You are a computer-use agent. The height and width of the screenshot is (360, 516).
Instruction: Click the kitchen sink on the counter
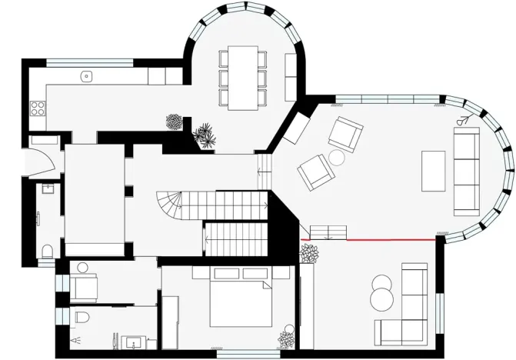click(87, 76)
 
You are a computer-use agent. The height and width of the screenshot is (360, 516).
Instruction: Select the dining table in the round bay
click(245, 78)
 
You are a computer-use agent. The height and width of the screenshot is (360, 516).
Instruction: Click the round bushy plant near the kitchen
click(175, 122)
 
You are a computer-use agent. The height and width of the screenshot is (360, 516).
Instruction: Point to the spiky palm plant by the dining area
click(205, 135)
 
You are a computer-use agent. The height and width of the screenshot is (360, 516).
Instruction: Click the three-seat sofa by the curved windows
click(466, 171)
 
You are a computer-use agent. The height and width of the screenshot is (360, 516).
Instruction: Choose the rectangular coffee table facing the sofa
click(434, 171)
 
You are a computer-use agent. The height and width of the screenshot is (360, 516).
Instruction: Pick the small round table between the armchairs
click(337, 158)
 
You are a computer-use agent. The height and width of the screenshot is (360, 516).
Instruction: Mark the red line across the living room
click(390, 239)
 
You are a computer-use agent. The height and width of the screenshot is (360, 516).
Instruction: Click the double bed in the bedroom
click(238, 300)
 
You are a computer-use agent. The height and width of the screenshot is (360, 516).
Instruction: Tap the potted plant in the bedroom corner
click(286, 337)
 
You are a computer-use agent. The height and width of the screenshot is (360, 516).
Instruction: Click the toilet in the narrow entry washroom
click(48, 251)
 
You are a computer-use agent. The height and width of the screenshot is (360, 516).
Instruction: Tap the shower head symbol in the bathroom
click(75, 338)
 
